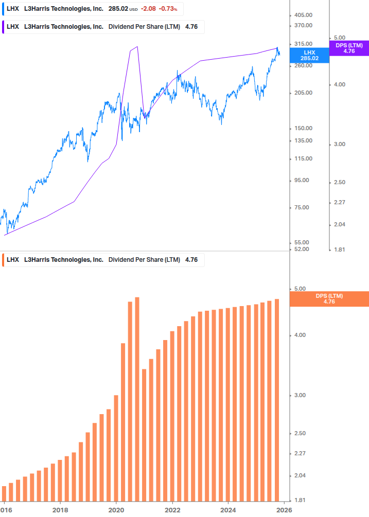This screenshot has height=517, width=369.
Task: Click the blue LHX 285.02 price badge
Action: (x=309, y=55)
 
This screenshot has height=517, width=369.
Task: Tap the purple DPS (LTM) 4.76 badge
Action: (x=349, y=48)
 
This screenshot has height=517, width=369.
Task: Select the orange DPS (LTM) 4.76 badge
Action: (x=329, y=299)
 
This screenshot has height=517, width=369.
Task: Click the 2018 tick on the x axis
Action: (x=60, y=510)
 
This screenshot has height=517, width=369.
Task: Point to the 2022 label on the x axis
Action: (x=172, y=510)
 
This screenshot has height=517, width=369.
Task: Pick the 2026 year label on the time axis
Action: (x=284, y=510)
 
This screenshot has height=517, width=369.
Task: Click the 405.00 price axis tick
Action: (x=303, y=15)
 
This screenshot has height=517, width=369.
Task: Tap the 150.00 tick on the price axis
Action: (x=303, y=128)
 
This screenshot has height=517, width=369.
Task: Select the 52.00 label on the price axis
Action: (x=302, y=249)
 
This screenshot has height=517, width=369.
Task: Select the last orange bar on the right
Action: (x=277, y=400)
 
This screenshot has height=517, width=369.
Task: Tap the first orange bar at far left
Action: (x=4, y=493)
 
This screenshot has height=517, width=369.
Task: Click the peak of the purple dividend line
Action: (x=137, y=47)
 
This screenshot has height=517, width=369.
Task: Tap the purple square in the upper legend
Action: (x=4, y=27)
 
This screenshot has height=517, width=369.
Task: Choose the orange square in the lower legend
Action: (x=4, y=260)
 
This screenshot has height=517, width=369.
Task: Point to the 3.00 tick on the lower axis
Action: (x=299, y=395)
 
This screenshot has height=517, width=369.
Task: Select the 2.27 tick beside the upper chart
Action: (x=339, y=202)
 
